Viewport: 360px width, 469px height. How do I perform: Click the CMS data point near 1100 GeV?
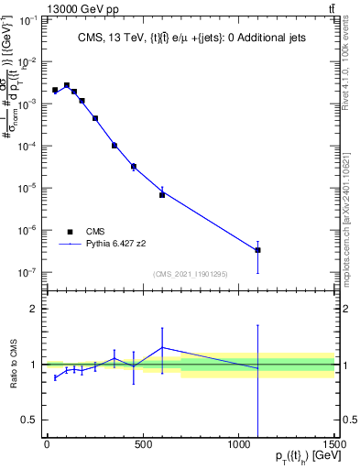click(258, 250)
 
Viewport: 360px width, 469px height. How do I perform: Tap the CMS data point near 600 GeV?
click(162, 195)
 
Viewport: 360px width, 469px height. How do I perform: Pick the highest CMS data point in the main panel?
click(67, 85)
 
